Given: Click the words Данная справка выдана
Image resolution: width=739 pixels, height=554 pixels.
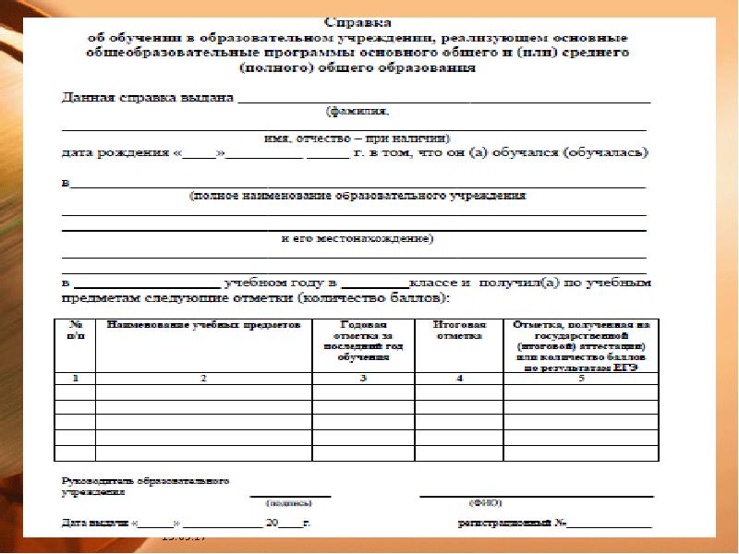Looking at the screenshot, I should [148, 97].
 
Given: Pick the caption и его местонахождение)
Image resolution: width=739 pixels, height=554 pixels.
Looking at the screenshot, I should [357, 238].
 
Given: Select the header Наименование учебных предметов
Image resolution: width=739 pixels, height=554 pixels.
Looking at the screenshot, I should [203, 326].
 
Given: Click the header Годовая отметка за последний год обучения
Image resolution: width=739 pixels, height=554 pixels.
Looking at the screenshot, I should [364, 341].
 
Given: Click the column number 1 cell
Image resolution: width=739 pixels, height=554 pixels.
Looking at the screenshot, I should [76, 379].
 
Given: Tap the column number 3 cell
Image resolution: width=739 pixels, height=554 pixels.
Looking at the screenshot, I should [364, 379].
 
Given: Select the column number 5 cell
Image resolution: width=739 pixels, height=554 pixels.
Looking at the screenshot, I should [581, 379].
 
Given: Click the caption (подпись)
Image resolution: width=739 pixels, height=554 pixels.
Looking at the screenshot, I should [288, 504].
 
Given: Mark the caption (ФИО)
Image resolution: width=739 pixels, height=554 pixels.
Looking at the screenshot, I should [485, 504].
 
